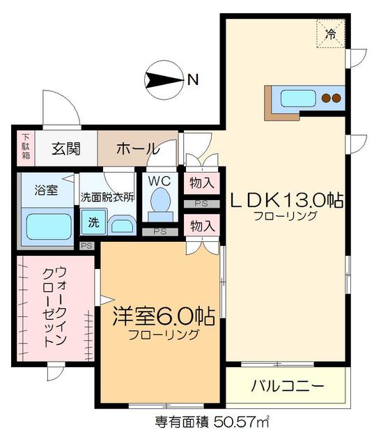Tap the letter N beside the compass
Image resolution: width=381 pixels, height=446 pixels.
[x=192, y=79]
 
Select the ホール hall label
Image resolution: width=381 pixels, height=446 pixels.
[x=137, y=148]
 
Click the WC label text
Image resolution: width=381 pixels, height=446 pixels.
[x=160, y=180]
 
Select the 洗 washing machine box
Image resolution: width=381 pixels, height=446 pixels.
[x=93, y=224]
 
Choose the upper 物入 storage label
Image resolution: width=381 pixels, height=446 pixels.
[x=201, y=184]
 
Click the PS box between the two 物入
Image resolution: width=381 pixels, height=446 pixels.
[x=201, y=205]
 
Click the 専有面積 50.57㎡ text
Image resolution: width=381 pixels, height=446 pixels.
[x=211, y=422]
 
